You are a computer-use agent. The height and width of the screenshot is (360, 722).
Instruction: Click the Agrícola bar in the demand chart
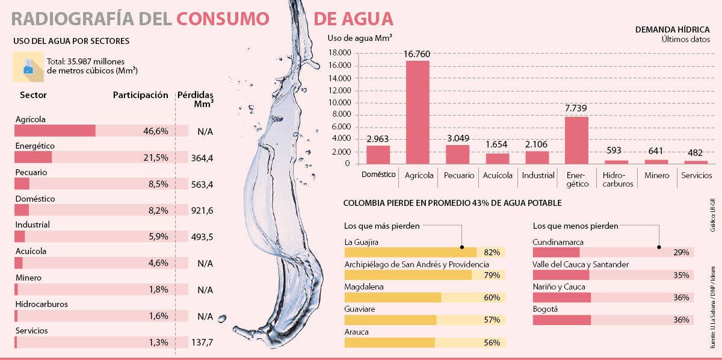pyautogui.click(x=418, y=112)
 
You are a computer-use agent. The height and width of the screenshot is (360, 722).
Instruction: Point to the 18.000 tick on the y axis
pyautogui.click(x=339, y=53)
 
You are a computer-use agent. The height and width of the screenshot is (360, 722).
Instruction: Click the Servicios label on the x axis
pyautogui.click(x=696, y=175)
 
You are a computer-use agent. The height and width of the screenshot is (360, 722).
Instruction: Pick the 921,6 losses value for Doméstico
pyautogui.click(x=202, y=210)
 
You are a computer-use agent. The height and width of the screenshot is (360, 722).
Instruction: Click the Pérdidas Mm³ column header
pyautogui.click(x=196, y=99)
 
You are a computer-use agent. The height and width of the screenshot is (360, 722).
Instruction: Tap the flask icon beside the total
pyautogui.click(x=28, y=66)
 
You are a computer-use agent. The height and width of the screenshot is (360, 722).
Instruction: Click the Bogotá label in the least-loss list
pyautogui.click(x=546, y=309)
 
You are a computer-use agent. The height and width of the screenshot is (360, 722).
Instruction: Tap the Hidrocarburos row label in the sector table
pyautogui.click(x=42, y=304)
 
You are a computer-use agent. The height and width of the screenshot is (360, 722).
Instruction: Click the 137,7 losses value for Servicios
pyautogui.click(x=202, y=343)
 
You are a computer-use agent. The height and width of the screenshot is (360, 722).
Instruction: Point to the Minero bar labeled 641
pyautogui.click(x=656, y=161)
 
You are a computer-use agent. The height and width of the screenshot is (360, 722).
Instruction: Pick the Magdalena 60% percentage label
pyautogui.click(x=492, y=297)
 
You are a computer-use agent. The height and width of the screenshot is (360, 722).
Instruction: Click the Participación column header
pyautogui.click(x=140, y=95)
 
